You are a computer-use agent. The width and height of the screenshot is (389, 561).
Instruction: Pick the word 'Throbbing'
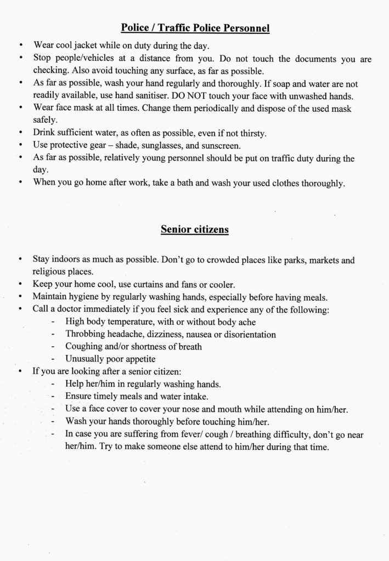[85, 334]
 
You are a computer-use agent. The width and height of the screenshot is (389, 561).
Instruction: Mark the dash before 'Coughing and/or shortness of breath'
[53, 347]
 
